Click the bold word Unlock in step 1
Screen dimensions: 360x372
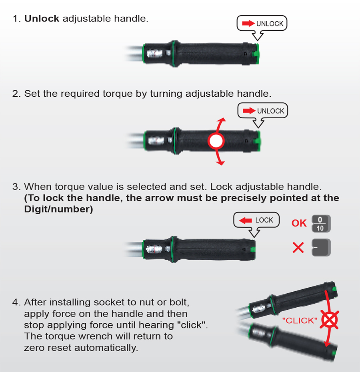coord(42,18)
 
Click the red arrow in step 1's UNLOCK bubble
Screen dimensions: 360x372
coord(248,23)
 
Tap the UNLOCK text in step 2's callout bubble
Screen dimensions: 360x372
coord(270,111)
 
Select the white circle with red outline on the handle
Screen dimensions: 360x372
coord(216,141)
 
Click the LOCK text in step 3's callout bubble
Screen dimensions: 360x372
coord(264,220)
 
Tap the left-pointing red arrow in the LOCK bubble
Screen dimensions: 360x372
coord(245,221)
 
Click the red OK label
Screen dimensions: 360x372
coord(299,223)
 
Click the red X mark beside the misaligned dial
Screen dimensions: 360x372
coord(298,247)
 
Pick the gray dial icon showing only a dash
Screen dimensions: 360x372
coord(321,247)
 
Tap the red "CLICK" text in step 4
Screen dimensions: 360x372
coord(300,320)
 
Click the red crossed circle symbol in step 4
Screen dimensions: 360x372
coord(329,320)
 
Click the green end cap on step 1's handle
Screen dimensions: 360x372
coord(256,54)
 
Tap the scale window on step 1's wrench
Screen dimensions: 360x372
coord(155,54)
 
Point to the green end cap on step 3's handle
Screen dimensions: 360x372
coord(253,249)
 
